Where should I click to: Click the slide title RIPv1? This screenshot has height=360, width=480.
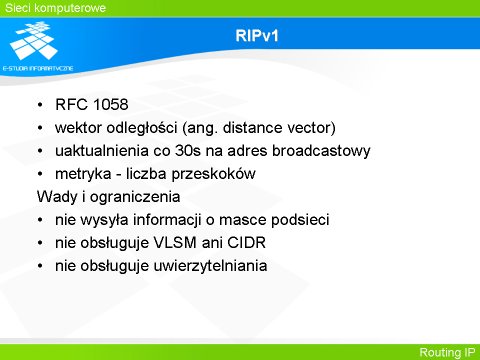click(257, 35)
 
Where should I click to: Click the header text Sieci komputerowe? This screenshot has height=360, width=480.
click(55, 8)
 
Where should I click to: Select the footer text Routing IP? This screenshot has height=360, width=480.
click(447, 352)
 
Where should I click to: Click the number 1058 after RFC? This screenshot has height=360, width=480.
click(110, 104)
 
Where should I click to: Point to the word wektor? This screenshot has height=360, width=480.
click(78, 127)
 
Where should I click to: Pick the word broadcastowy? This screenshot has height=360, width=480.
click(321, 151)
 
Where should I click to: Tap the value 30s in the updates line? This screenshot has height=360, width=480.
click(187, 151)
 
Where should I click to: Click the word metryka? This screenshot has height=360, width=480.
click(83, 174)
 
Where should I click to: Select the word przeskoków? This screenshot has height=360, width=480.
click(213, 174)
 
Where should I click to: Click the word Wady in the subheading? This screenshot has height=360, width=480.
click(57, 197)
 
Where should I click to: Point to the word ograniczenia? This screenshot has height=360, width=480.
click(134, 197)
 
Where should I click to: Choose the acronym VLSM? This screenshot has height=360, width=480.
click(175, 243)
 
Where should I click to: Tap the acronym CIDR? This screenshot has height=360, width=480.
click(246, 243)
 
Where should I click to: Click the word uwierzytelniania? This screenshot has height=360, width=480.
click(210, 265)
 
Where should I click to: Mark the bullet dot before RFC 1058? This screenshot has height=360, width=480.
click(40, 105)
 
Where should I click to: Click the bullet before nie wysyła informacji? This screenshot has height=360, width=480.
click(40, 220)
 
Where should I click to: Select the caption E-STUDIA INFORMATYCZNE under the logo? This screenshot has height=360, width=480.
click(38, 68)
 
